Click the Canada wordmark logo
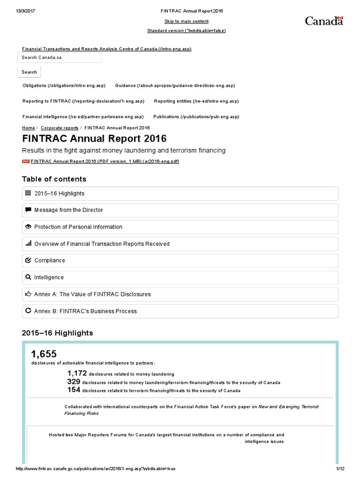(x=324, y=21)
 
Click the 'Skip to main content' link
(x=187, y=21)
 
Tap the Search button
(x=29, y=72)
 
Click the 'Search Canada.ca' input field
(x=60, y=58)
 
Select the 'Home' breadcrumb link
(x=28, y=127)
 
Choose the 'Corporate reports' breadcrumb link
(x=60, y=127)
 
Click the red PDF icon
(x=26, y=161)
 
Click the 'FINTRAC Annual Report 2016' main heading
(x=94, y=139)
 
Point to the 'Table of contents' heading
(x=54, y=179)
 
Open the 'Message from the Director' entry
(x=68, y=210)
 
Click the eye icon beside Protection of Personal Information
(x=28, y=227)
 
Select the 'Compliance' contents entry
(x=50, y=261)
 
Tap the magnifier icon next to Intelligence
(x=28, y=277)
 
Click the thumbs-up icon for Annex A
(x=28, y=294)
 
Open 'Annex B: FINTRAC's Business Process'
(x=85, y=311)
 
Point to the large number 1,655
(x=44, y=353)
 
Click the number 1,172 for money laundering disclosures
(x=77, y=374)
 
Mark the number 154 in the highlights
(x=74, y=390)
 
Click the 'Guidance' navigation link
(x=175, y=86)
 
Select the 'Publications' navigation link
(x=196, y=117)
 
